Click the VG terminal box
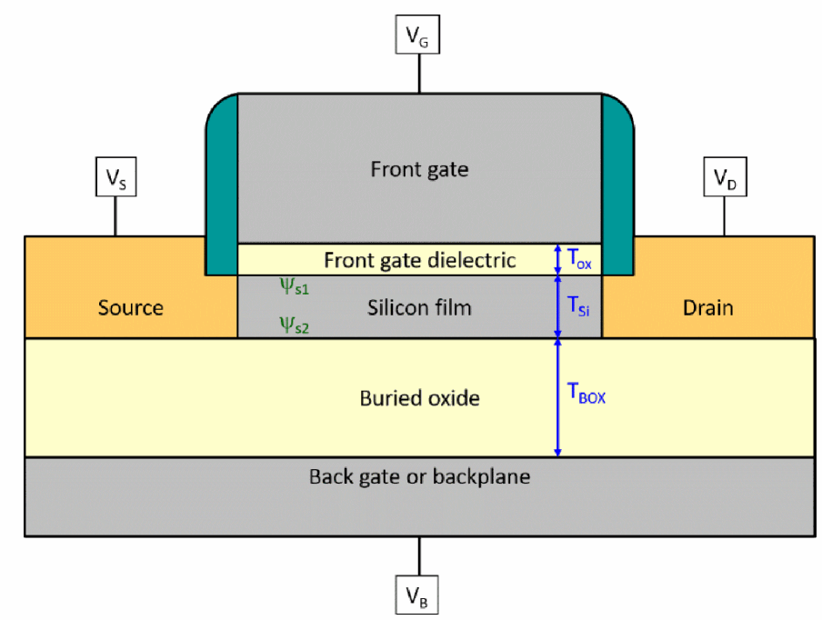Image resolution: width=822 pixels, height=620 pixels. [419, 37]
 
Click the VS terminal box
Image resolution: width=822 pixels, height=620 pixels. [115, 179]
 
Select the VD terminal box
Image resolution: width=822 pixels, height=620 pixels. [724, 179]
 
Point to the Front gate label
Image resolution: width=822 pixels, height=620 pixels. [419, 169]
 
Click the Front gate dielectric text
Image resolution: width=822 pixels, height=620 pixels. [420, 261]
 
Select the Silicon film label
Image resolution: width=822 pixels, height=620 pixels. [419, 307]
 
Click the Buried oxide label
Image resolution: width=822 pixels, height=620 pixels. [419, 398]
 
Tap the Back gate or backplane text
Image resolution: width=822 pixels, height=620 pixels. [419, 476]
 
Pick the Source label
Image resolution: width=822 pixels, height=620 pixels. [131, 307]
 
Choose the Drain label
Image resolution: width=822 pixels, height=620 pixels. [707, 307]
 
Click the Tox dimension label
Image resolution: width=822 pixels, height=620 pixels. [579, 258]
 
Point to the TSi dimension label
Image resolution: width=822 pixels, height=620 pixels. [579, 307]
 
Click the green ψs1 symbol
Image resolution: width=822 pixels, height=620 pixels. [293, 287]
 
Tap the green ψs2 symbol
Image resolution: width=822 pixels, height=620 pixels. [294, 325]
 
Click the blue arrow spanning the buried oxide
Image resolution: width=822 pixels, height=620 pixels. [557, 398]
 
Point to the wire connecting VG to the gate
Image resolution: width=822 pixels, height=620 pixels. [419, 73]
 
